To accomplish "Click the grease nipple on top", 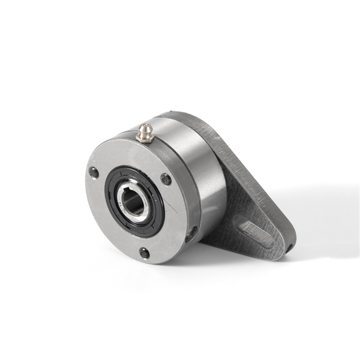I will tap(144, 133).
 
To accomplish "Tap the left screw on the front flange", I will tap(94, 173).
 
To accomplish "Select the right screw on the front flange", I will tap(166, 179).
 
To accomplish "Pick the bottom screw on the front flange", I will tap(145, 253).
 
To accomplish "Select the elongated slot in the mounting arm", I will tap(252, 230).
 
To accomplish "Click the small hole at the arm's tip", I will tap(289, 247).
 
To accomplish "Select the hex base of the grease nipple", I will tap(144, 137).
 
